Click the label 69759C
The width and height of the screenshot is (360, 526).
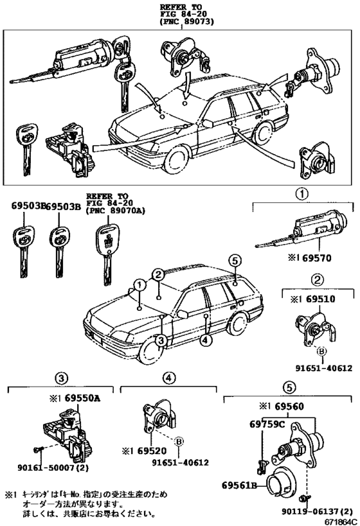click(264, 425)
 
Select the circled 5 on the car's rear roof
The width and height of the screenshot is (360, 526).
click(235, 260)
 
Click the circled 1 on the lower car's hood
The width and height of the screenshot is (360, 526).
click(138, 285)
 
